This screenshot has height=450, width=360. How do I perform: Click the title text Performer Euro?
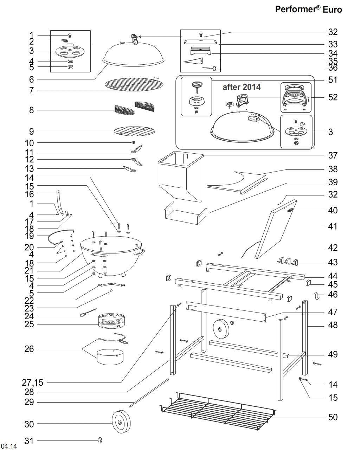[308, 9]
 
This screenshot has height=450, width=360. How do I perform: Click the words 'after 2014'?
[242, 87]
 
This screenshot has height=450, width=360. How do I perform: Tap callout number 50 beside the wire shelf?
[333, 417]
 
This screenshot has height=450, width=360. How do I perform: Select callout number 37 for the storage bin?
[333, 155]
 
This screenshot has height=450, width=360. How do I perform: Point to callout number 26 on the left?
[29, 349]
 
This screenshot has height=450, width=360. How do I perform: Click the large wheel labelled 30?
[121, 423]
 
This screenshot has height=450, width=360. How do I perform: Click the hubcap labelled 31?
[100, 440]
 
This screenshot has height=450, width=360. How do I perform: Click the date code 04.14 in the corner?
[9, 446]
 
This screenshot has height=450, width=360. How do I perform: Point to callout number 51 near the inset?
[333, 80]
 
